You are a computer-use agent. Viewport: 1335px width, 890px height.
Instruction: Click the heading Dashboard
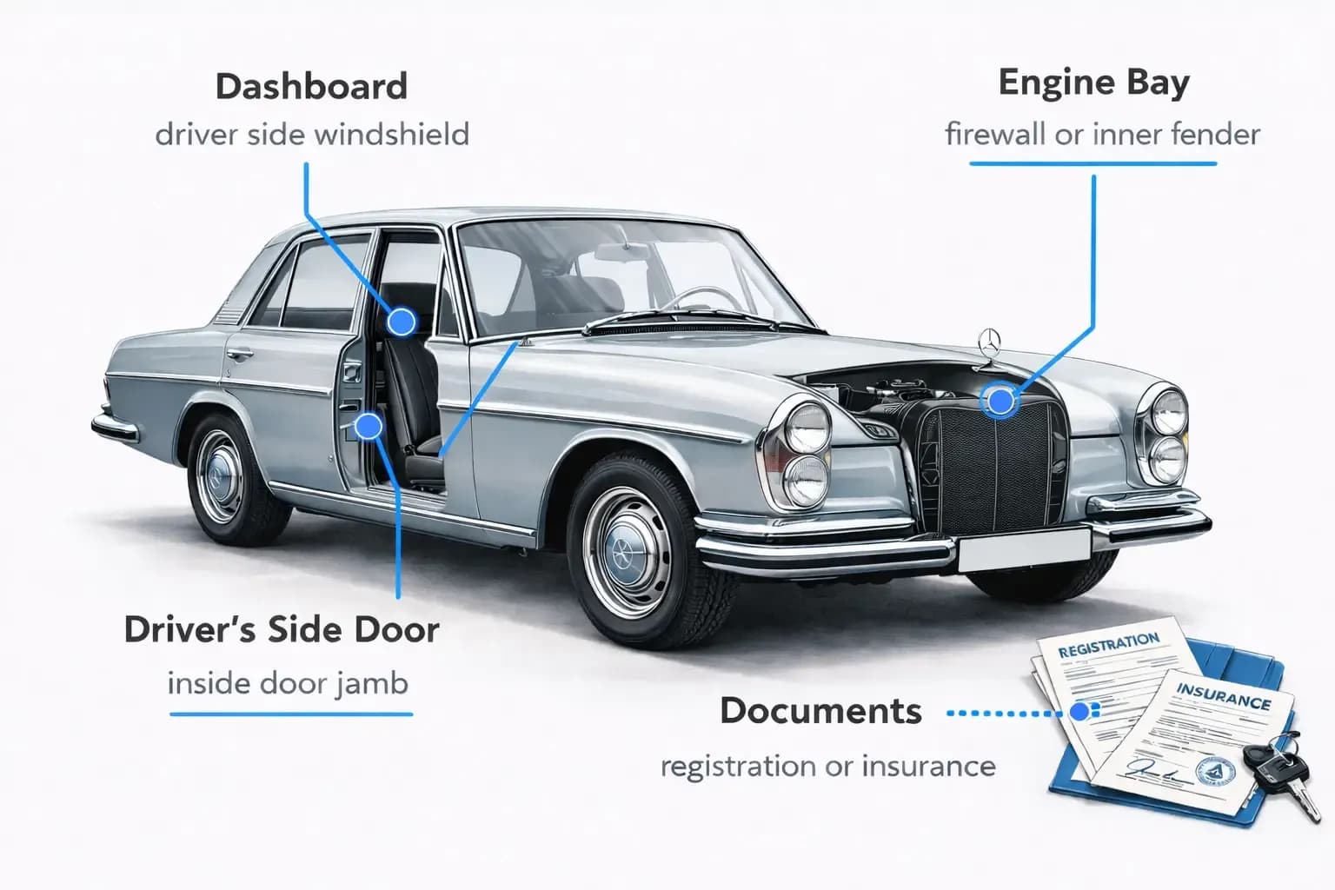311,87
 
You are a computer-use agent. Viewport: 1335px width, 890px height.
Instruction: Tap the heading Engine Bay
1093,83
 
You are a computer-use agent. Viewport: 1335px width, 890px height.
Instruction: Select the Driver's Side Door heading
282,629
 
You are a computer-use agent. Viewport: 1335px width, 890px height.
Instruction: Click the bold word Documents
820,711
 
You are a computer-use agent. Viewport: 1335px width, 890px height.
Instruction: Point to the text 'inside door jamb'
288,683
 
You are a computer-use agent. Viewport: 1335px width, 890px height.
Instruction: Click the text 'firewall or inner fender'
1102,135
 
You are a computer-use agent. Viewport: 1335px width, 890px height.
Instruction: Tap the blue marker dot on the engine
1000,402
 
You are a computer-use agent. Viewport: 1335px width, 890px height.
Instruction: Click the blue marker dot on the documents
1079,712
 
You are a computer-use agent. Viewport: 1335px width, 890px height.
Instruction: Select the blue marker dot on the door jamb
369,426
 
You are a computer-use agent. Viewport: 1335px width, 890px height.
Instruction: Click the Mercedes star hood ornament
991,342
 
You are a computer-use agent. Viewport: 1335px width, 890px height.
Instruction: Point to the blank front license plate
1024,549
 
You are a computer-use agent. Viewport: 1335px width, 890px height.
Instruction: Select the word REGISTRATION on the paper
1108,645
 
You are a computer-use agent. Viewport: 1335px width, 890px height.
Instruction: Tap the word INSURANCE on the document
1223,695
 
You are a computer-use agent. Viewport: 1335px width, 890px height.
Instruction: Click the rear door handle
240,354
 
